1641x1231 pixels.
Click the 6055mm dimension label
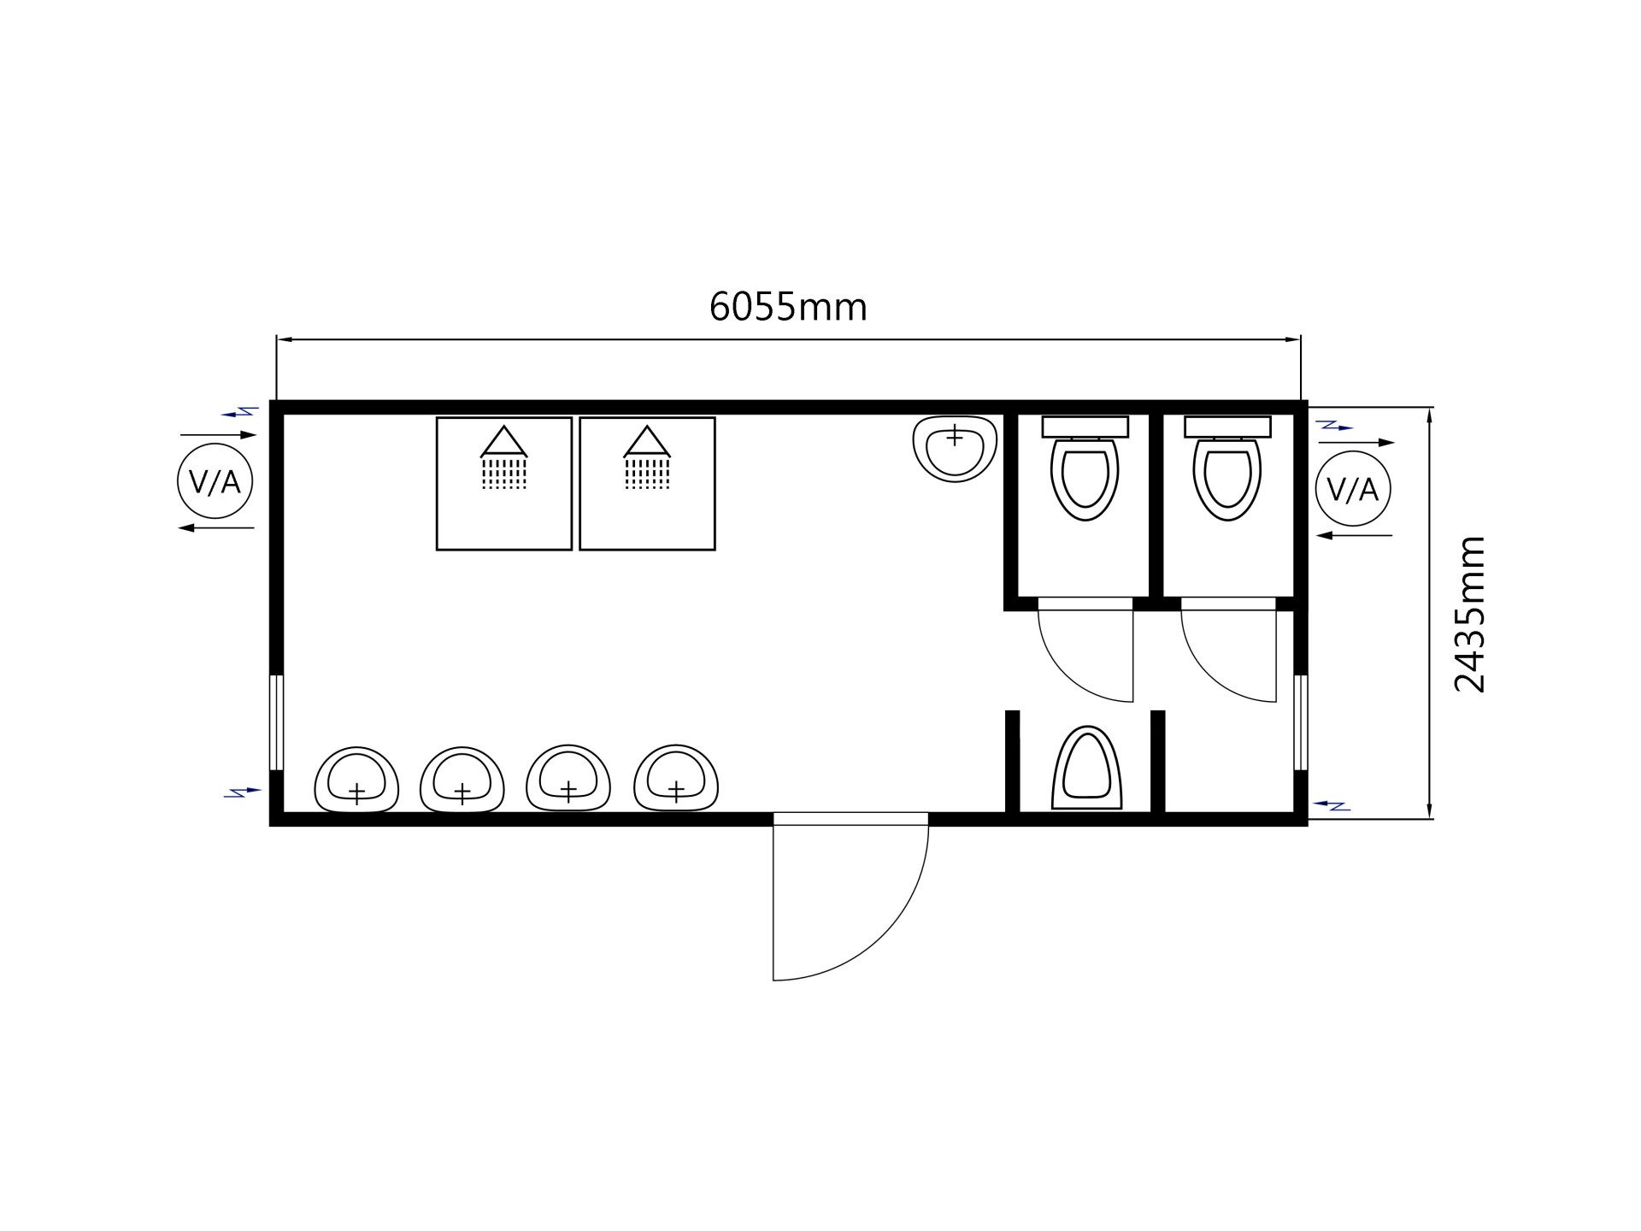[788, 307]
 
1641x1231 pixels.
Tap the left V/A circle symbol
[215, 481]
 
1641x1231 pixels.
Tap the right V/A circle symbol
[1353, 489]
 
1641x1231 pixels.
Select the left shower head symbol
[504, 457]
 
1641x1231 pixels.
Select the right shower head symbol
[647, 457]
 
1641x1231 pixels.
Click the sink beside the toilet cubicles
[955, 449]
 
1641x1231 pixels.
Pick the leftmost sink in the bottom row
[356, 780]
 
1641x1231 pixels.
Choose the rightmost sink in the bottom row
[676, 778]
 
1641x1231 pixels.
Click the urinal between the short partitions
[1086, 768]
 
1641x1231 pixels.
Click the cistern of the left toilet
[1085, 427]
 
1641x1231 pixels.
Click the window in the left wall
[276, 722]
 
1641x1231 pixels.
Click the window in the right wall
[1300, 722]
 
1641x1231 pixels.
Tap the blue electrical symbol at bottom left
[243, 792]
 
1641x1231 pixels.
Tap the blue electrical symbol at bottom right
[1331, 804]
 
